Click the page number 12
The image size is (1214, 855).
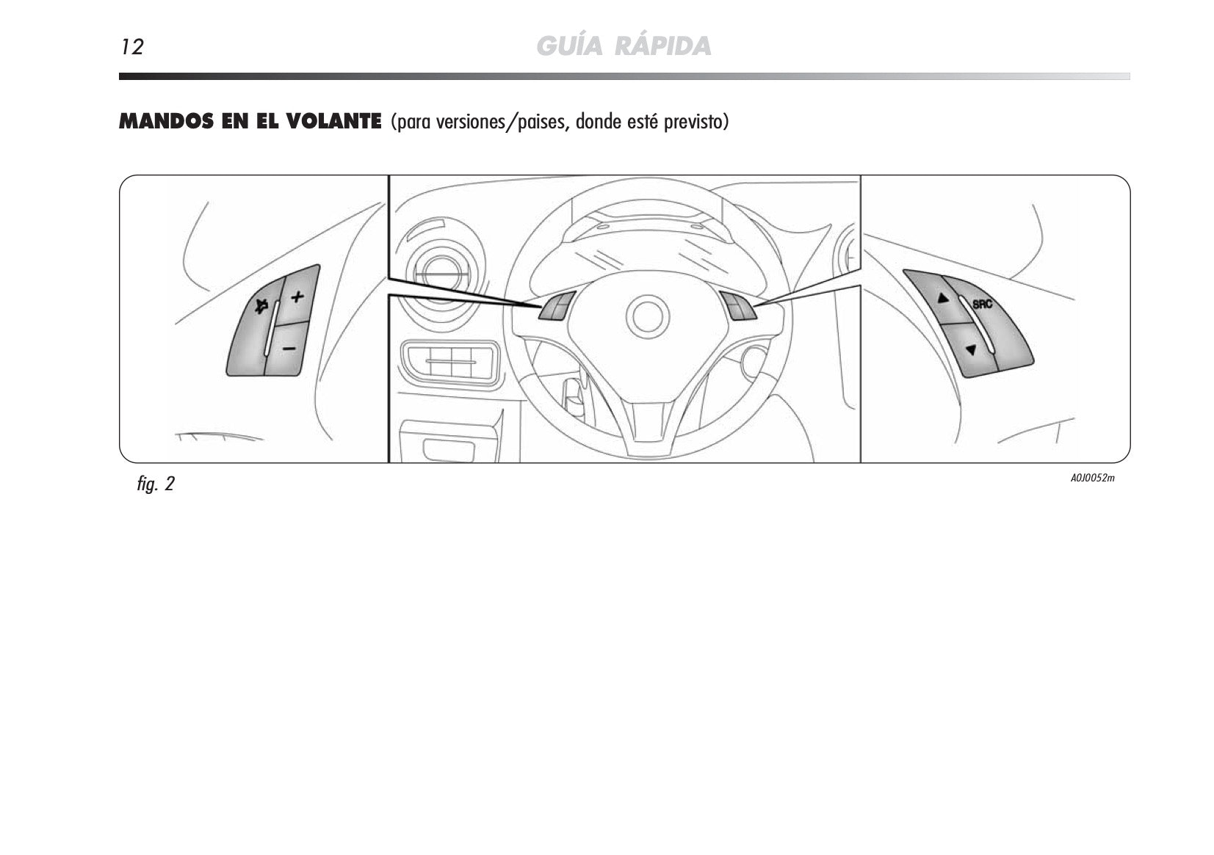coord(132,47)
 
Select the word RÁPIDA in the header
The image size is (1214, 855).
coord(662,46)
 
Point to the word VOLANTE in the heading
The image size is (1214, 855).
coord(333,122)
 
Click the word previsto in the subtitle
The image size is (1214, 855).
coord(696,122)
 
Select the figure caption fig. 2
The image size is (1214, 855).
coord(156,484)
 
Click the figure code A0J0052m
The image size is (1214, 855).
coord(1093,478)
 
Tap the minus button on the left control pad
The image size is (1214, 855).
coord(289,348)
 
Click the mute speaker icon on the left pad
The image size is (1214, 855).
coord(261,307)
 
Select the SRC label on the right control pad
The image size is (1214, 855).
coord(982,304)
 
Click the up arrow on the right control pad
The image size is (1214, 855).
coord(943,297)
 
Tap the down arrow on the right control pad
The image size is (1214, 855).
coord(971,350)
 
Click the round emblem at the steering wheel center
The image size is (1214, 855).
coord(647,317)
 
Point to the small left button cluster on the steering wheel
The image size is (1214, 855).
coord(557,306)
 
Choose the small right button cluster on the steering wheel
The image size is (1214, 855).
coord(738,306)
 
